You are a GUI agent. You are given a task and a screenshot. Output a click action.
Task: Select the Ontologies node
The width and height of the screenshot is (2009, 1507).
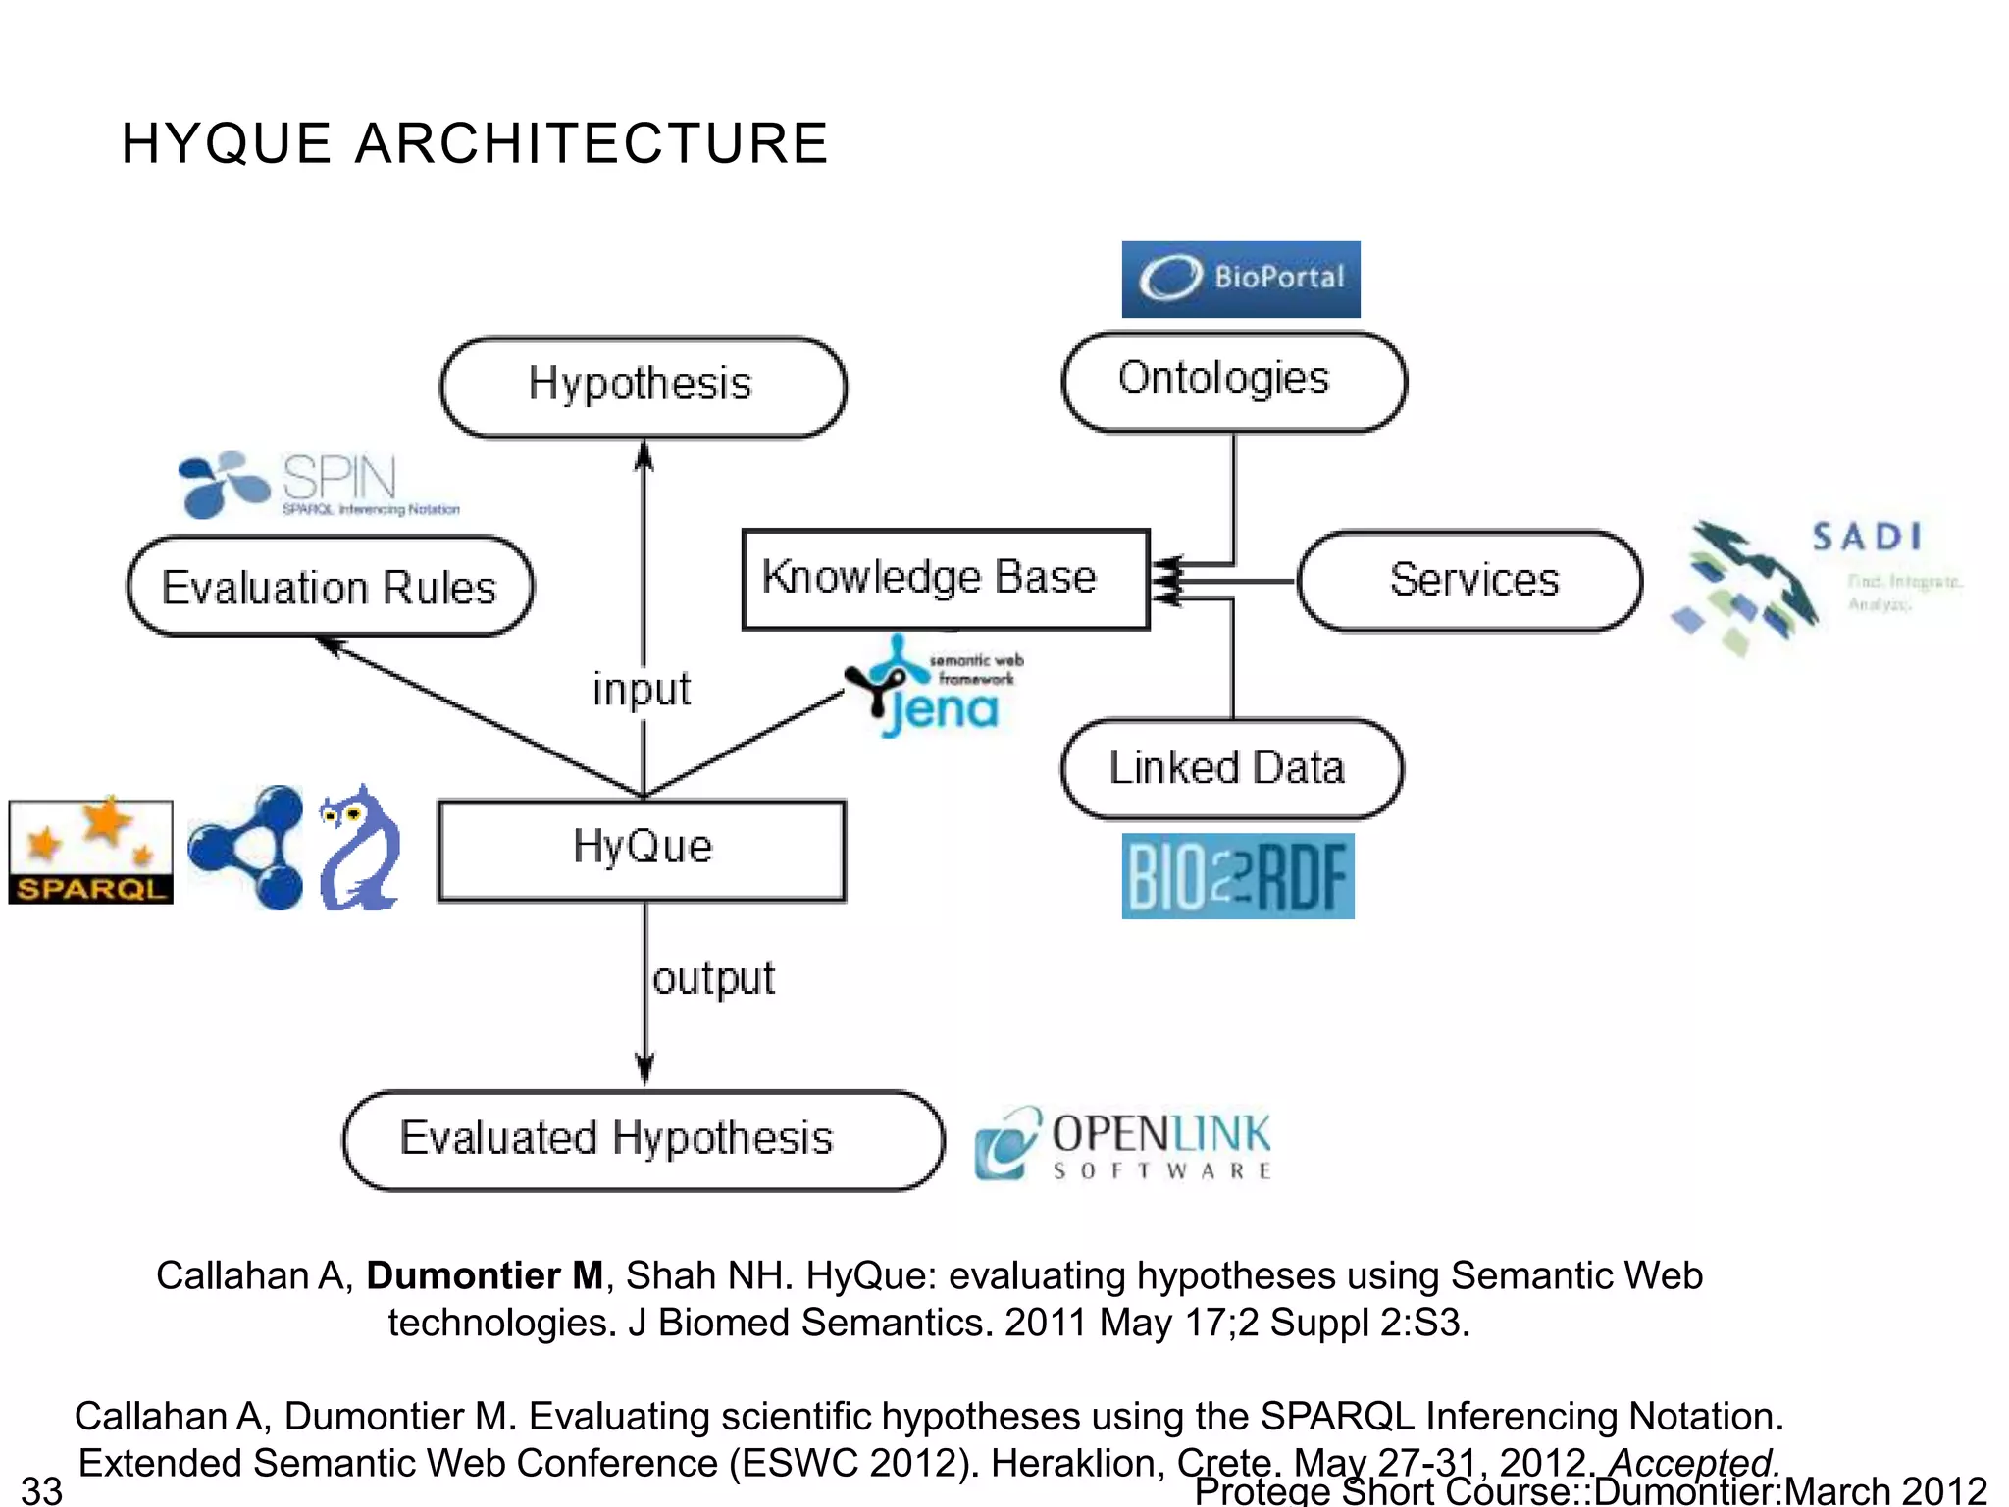1233,381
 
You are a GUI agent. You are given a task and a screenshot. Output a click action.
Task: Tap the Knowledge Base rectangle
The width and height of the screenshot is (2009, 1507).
945,579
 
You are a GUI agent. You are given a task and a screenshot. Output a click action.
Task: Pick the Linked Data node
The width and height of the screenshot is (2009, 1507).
1230,768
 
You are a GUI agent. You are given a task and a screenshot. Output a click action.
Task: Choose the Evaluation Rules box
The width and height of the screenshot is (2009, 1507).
330,587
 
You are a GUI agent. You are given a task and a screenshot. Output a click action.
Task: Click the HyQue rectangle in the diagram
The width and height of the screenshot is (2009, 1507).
642,850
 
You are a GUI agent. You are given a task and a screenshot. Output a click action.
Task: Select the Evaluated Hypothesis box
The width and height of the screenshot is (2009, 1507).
642,1140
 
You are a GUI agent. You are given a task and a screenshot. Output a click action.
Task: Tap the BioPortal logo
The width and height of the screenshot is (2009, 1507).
1240,279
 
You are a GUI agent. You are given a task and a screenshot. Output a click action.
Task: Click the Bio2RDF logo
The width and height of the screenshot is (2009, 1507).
1237,876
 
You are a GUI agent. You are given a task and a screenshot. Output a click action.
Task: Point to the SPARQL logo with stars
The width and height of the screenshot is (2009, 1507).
90,851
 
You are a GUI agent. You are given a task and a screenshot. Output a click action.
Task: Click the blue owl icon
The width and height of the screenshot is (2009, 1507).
359,850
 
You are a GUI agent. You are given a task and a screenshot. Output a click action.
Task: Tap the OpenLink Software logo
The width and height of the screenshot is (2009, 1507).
1122,1144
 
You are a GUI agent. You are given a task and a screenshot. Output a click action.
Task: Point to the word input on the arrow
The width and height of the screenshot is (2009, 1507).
642,689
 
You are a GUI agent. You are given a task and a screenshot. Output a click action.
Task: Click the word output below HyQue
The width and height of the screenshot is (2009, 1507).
713,978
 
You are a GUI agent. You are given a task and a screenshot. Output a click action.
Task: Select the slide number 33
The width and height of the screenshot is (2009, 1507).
41,1489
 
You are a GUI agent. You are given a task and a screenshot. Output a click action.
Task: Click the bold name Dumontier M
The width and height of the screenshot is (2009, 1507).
485,1275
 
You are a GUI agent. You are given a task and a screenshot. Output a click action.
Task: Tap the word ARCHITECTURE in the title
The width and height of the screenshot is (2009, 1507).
592,143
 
